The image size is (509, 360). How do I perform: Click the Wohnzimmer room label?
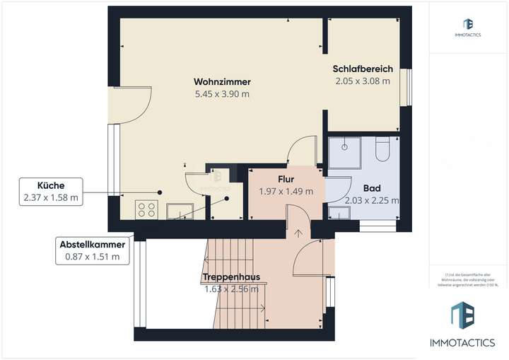(222, 81)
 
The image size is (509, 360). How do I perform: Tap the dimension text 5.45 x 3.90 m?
(222, 93)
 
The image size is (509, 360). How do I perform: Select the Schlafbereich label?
(361, 69)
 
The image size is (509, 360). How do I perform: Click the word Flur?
(286, 179)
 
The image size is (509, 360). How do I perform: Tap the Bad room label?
(372, 188)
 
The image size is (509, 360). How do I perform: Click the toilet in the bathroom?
(382, 150)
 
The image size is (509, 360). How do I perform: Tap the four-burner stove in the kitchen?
(146, 209)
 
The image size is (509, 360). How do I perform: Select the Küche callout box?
(52, 192)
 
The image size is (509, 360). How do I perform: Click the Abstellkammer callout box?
(92, 250)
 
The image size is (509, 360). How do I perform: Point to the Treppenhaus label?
(230, 277)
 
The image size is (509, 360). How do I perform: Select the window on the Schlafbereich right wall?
(406, 86)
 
